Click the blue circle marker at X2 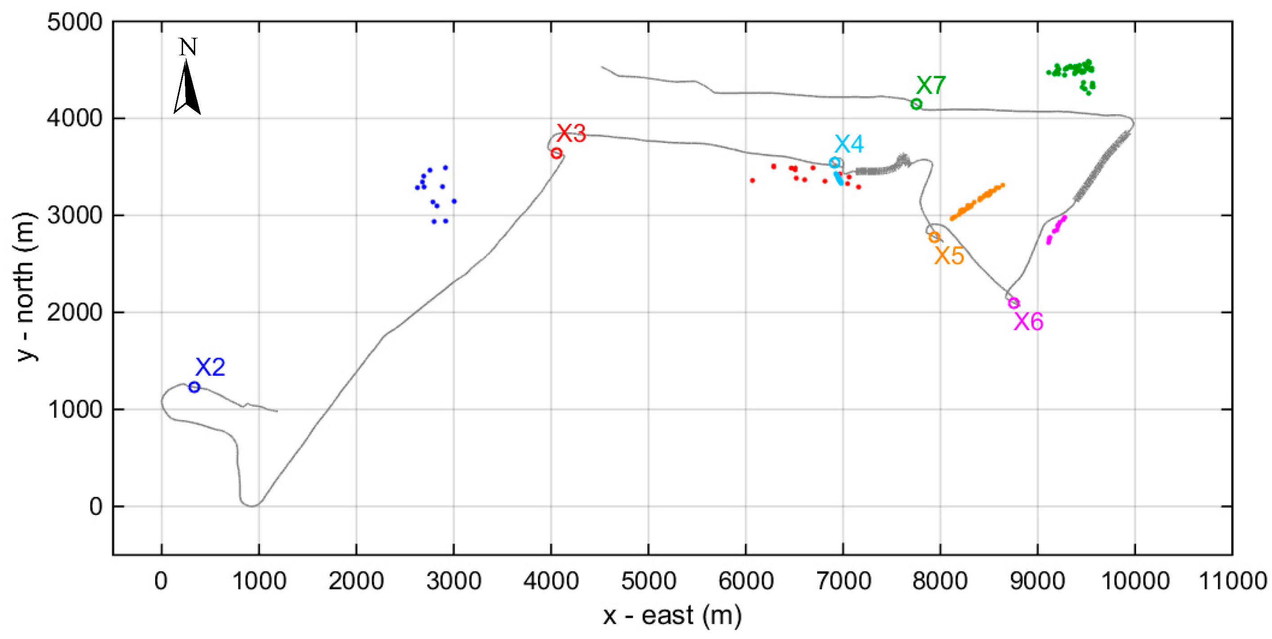coord(194,387)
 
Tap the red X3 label coord(571,133)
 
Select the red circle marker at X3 coord(556,153)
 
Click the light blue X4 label coord(849,144)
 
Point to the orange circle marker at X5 coord(934,237)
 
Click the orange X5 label coord(949,256)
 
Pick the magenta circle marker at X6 coord(1014,303)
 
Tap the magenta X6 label coord(1029,322)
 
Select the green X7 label coord(931,85)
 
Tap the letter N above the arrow coord(188,47)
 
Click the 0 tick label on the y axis coord(96,507)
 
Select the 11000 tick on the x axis coord(1232,581)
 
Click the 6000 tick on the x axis coord(746,581)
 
